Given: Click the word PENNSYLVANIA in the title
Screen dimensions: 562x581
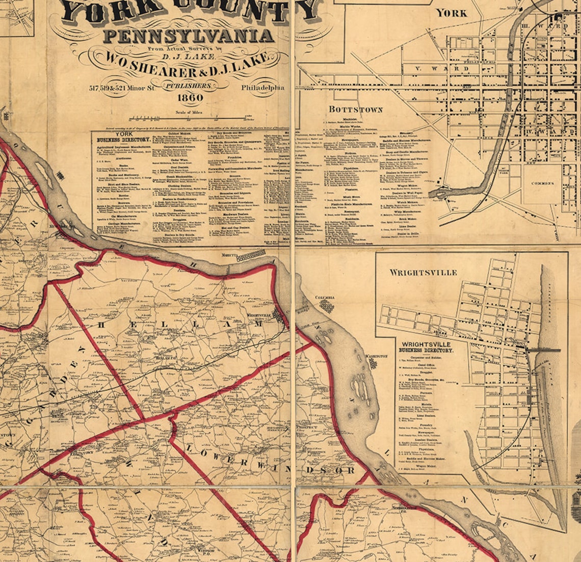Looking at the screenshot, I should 189,36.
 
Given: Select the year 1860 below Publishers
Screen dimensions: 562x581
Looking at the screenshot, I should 190,97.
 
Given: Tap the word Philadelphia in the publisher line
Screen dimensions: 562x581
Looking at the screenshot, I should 263,88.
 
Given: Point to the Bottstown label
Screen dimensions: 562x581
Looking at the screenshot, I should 355,110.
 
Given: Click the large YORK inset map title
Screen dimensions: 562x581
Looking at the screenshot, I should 452,13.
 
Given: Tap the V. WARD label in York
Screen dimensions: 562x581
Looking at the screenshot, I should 435,68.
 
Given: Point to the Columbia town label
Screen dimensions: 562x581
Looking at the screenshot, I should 324,297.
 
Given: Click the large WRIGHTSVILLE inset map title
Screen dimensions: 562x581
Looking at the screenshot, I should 423,273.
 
